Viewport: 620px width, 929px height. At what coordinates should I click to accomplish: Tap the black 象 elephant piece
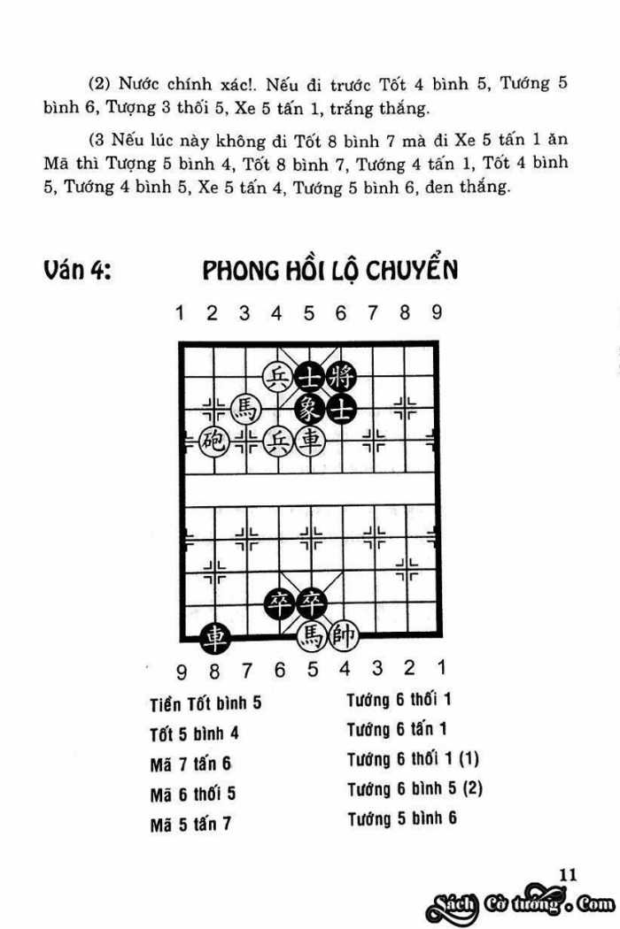point(309,409)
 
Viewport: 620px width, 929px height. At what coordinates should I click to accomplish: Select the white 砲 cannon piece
point(213,440)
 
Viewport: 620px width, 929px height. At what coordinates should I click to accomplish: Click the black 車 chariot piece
point(213,635)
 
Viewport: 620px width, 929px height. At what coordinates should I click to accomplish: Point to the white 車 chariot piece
point(309,440)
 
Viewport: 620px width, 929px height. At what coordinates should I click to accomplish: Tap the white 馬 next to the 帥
point(311,634)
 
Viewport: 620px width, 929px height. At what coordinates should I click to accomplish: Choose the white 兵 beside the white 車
point(278,440)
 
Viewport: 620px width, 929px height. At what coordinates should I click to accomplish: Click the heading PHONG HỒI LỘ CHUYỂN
point(329,271)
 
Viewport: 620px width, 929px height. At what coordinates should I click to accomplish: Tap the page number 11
point(568,874)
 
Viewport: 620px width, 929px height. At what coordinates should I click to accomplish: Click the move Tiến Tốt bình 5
point(205,704)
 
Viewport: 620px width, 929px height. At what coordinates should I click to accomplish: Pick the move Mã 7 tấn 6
point(190,764)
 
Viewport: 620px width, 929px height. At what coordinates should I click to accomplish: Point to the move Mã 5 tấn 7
point(190,824)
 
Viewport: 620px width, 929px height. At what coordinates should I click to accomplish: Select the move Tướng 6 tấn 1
point(397,730)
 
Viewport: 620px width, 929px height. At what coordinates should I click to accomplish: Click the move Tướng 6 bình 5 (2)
point(414,788)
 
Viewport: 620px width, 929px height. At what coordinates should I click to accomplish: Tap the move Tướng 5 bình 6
point(401,818)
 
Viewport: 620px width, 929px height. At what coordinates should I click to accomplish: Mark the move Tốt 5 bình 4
point(194,733)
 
